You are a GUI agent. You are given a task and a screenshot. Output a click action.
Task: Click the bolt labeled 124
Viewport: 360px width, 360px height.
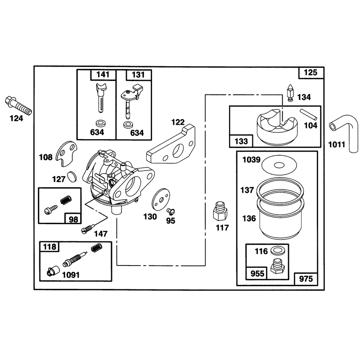[x=18, y=106]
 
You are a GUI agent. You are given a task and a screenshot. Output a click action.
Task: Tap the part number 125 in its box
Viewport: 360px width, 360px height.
[x=310, y=72]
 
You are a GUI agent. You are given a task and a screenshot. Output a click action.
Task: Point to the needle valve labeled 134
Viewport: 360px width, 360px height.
[x=290, y=93]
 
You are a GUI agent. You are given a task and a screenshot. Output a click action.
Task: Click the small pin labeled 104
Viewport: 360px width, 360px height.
[x=309, y=114]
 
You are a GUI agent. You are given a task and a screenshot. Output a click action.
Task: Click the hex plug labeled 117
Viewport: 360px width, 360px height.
[x=220, y=211]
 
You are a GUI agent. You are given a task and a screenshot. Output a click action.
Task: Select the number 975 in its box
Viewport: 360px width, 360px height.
[x=306, y=279]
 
